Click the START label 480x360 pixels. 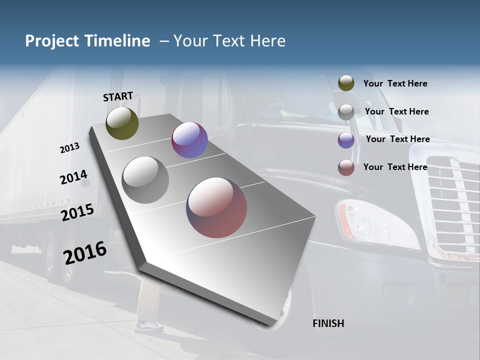[118, 96]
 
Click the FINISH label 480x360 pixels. [328, 323]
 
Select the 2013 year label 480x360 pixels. [69, 148]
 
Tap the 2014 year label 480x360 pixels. [73, 177]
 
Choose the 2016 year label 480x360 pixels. [85, 253]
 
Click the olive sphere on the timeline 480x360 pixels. [122, 123]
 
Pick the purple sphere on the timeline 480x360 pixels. [189, 140]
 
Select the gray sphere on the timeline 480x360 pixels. [145, 180]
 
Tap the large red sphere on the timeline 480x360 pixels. [216, 207]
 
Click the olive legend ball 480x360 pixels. [346, 83]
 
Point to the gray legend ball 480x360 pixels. [346, 112]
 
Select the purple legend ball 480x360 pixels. [346, 140]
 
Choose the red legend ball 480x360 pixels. [346, 167]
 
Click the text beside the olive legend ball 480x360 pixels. [395, 84]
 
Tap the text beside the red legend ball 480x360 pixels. [395, 167]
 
